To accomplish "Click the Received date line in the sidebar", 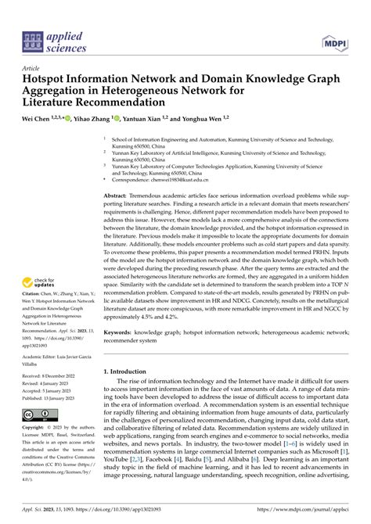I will (49, 376).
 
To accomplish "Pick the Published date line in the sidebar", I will (50, 395).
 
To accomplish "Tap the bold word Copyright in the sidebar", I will (34, 428).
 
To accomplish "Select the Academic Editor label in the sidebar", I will (44, 354).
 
